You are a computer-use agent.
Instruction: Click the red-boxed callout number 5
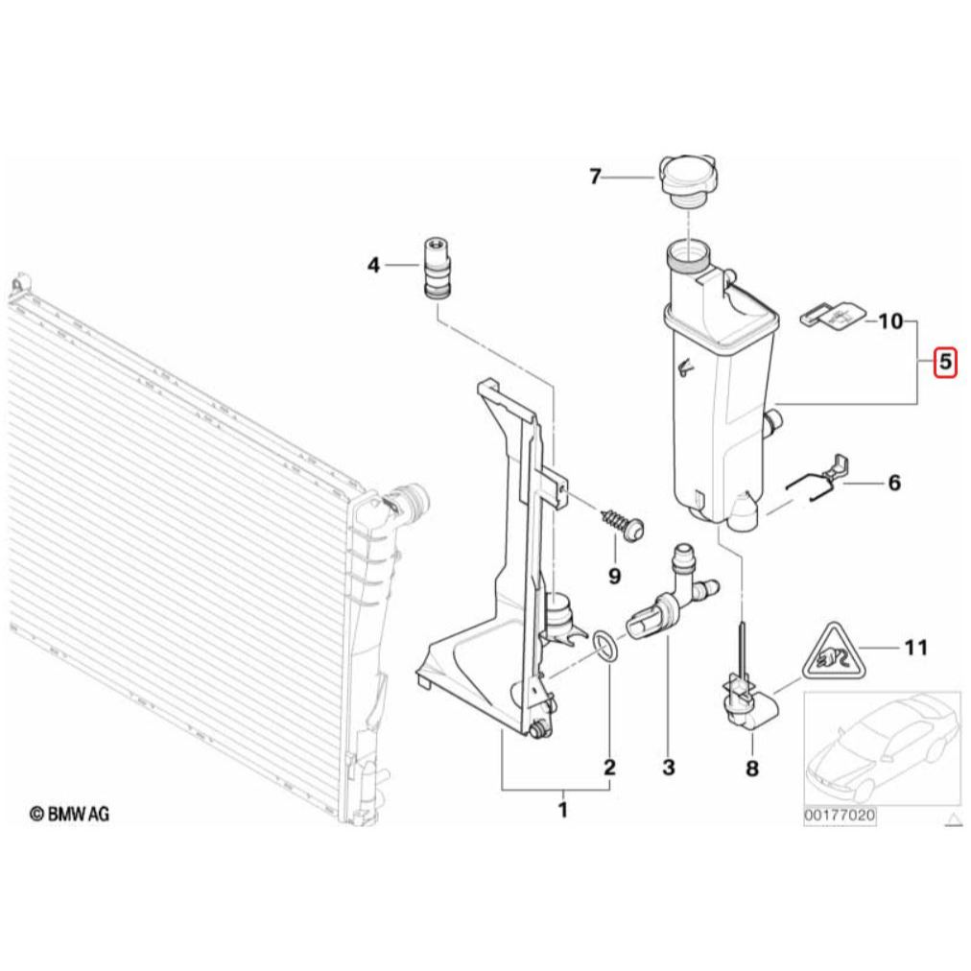point(945,361)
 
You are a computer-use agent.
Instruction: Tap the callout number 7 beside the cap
point(595,178)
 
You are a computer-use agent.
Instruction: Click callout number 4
point(373,266)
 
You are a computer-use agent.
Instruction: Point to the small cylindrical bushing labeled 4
point(437,268)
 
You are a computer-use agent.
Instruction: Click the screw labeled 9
point(623,525)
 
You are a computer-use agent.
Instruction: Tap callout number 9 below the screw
point(614,576)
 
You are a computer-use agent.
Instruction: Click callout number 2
point(610,768)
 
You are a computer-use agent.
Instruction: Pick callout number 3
point(668,768)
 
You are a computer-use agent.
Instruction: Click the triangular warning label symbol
point(831,651)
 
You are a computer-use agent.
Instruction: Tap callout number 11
point(916,648)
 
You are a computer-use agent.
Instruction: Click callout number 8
point(752,769)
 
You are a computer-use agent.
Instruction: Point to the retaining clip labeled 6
point(817,476)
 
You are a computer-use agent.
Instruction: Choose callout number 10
point(890,321)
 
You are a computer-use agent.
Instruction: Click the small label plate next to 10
point(834,316)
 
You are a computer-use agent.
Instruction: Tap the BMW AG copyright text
point(69,813)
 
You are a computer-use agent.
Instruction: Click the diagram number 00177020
point(840,815)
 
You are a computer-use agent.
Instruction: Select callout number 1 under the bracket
point(563,810)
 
